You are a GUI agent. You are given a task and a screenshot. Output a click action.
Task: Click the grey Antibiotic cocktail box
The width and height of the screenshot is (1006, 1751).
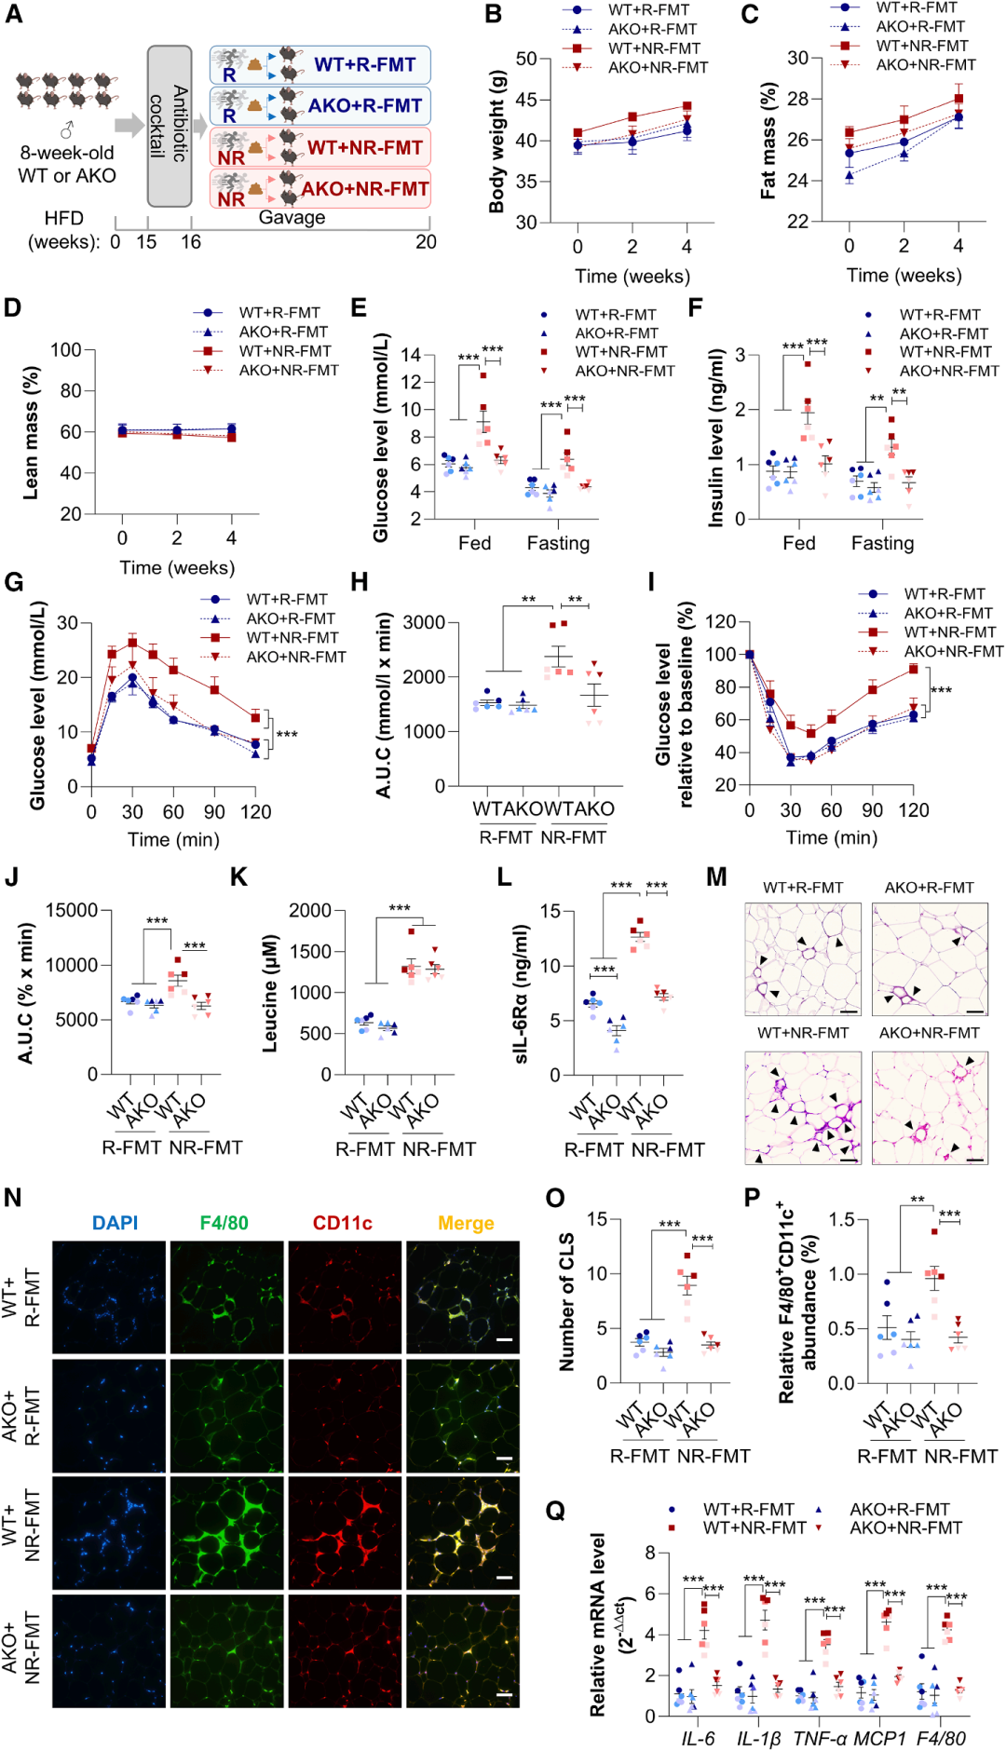coord(170,125)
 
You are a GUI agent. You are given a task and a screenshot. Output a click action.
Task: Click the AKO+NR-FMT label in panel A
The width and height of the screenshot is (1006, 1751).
coord(364,189)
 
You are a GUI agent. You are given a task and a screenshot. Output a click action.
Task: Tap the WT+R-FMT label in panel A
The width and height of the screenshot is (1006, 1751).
coord(364,64)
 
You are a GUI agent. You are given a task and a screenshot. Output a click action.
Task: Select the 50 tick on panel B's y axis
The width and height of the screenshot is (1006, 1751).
coord(526,59)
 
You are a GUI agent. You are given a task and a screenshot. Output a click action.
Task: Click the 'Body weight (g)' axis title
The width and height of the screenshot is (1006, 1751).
coord(496,141)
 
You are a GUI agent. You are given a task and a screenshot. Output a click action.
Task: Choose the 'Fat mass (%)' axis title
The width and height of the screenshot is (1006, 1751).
coord(768,141)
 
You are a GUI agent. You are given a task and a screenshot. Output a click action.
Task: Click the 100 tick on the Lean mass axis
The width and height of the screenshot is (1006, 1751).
coord(66,350)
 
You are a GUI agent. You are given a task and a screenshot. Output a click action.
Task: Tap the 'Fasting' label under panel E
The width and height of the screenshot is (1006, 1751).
coord(558,543)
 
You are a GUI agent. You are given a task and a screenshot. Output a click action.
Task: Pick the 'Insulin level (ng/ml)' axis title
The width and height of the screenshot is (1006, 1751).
coord(715,438)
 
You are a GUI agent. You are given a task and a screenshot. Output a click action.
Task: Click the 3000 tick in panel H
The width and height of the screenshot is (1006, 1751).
coord(424,622)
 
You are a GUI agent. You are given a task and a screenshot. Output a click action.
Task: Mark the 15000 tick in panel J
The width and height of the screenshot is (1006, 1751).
coord(73,910)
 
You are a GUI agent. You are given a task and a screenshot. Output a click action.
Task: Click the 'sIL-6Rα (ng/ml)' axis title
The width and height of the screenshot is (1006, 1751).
coord(522,993)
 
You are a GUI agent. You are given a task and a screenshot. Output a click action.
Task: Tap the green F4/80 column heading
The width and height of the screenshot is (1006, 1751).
coord(224,1223)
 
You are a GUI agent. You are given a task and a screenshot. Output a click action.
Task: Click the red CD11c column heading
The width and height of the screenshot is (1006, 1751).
coord(342,1223)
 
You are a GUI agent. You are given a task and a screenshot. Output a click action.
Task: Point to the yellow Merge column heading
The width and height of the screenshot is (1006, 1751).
coord(466,1223)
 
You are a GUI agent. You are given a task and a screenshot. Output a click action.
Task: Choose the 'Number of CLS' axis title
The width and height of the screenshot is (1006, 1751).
coord(566,1302)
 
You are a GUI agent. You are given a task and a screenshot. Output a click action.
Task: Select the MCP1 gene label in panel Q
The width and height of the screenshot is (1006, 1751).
coord(880,1739)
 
